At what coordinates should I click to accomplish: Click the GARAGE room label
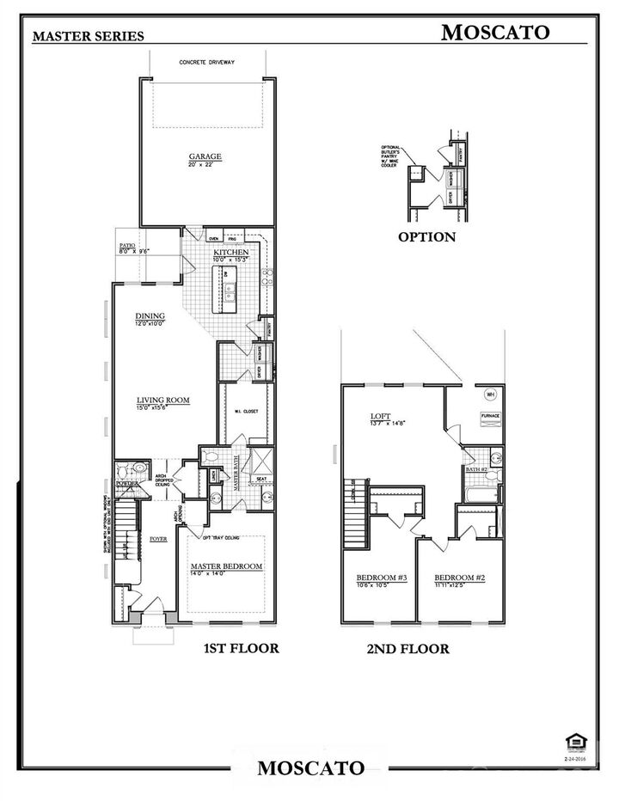(x=205, y=156)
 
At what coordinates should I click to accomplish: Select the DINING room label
(x=150, y=315)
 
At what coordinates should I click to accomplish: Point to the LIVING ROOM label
(x=163, y=400)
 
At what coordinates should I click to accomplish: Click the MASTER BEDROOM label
(x=227, y=566)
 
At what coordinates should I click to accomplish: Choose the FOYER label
(x=158, y=539)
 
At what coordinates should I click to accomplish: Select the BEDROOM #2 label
(x=459, y=578)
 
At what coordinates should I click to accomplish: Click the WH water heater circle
(x=491, y=394)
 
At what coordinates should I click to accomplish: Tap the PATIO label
(x=128, y=246)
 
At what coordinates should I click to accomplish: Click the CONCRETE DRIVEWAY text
(x=207, y=62)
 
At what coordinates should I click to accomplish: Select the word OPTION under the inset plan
(x=426, y=236)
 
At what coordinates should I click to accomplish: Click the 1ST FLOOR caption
(x=241, y=648)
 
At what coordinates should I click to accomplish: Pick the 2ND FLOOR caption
(x=408, y=649)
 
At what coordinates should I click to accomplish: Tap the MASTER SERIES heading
(x=88, y=36)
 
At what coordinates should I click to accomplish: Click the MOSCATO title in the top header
(x=495, y=33)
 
